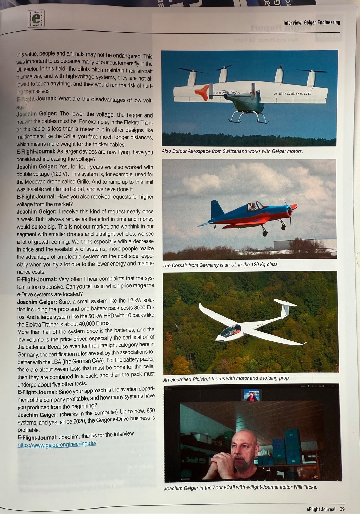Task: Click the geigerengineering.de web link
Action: point(57,443)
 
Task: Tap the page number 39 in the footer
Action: point(342,509)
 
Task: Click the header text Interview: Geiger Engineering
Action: point(312,23)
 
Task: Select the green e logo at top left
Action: point(36,19)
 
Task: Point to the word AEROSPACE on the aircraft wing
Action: point(293,94)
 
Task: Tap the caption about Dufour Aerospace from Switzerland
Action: point(232,151)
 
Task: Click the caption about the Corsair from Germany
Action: point(221,265)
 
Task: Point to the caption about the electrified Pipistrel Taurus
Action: point(226,378)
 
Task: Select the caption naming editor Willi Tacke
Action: point(240,487)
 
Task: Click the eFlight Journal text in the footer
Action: point(321,510)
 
